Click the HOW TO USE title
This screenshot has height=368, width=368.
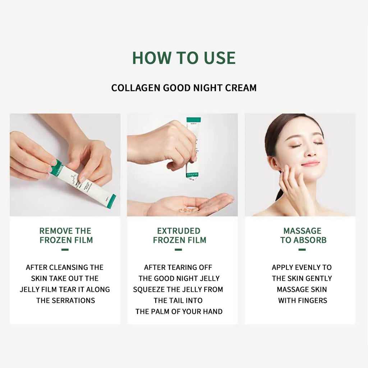[x=184, y=58]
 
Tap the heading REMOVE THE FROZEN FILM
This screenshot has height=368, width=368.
[x=65, y=235]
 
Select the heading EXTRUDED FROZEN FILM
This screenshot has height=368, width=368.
[x=179, y=235]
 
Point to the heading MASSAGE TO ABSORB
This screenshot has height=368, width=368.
[x=303, y=235]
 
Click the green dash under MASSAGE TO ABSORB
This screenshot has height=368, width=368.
[x=302, y=249]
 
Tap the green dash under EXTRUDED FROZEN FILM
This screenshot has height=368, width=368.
[x=178, y=249]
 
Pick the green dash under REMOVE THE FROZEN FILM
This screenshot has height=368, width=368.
[x=65, y=249]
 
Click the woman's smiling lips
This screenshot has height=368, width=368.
[x=310, y=164]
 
